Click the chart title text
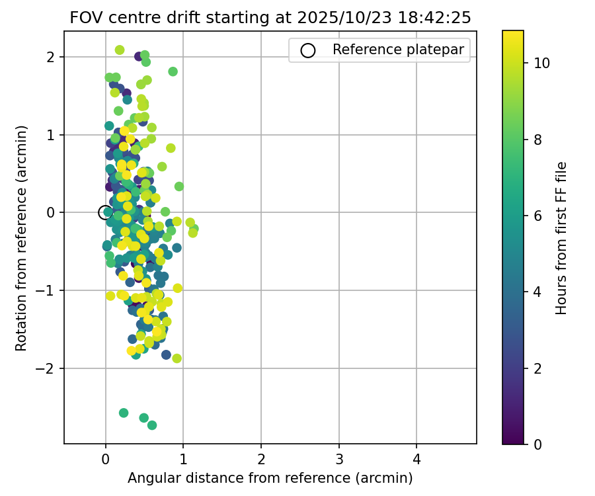pyautogui.click(x=270, y=18)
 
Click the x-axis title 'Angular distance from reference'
pyautogui.click(x=270, y=477)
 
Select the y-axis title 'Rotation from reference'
pyautogui.click(x=21, y=237)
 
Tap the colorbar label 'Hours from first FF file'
pyautogui.click(x=561, y=237)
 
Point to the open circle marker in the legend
pyautogui.click(x=308, y=50)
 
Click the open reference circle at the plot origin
pyautogui.click(x=105, y=212)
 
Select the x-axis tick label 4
pyautogui.click(x=416, y=460)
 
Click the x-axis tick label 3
pyautogui.click(x=339, y=460)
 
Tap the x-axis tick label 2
pyautogui.click(x=261, y=460)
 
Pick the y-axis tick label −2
pyautogui.click(x=48, y=368)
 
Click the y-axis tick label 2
pyautogui.click(x=52, y=57)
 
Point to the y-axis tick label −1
pyautogui.click(x=48, y=290)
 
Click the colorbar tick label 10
pyautogui.click(x=541, y=63)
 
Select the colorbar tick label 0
pyautogui.click(x=537, y=444)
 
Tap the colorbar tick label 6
pyautogui.click(x=537, y=216)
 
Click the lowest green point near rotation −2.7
pyautogui.click(x=152, y=425)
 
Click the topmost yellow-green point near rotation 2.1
pyautogui.click(x=120, y=50)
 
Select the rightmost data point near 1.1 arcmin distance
pyautogui.click(x=194, y=229)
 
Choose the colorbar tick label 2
pyautogui.click(x=537, y=368)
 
